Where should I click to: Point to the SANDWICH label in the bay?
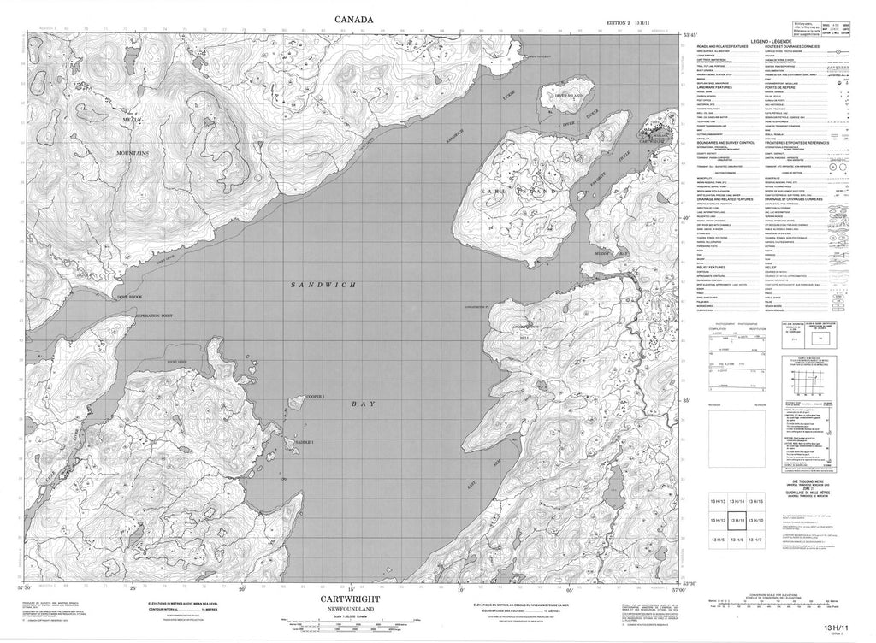[x=327, y=284]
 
